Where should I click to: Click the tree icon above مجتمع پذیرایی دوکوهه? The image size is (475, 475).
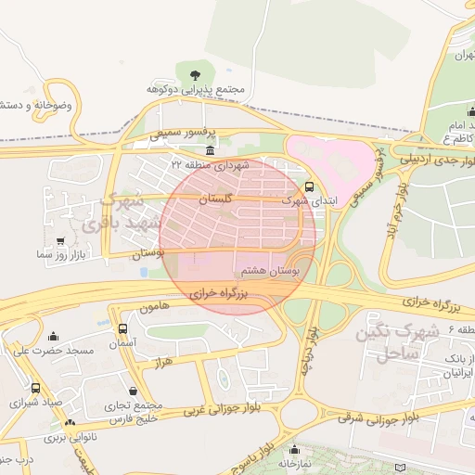(x=194, y=74)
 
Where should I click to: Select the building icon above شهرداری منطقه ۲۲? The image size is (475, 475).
(x=211, y=150)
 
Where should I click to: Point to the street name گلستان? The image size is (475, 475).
(x=215, y=199)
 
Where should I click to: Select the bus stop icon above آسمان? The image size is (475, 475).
(x=123, y=328)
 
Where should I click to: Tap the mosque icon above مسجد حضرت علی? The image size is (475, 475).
(x=53, y=336)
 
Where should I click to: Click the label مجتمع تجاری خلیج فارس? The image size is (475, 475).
(x=134, y=411)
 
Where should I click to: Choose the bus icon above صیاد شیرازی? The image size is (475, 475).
(x=36, y=389)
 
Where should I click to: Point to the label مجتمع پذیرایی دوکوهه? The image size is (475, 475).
(x=195, y=90)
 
